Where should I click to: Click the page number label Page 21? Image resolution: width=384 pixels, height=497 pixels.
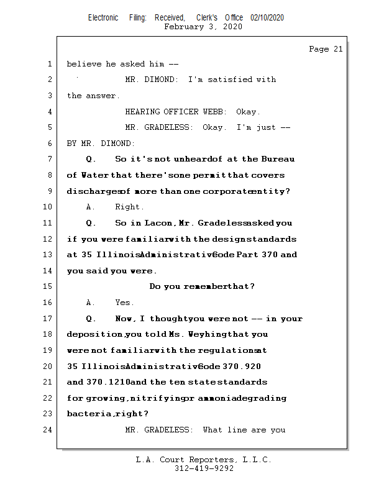[x=325, y=49]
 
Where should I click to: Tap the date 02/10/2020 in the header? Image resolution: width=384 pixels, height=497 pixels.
[x=267, y=18]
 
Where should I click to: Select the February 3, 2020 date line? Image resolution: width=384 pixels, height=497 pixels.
[x=203, y=27]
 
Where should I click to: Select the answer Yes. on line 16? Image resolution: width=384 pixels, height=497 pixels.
[x=124, y=303]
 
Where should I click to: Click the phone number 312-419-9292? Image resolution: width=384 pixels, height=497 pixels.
[x=204, y=468]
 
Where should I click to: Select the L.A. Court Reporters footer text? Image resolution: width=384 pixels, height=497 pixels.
[x=203, y=460]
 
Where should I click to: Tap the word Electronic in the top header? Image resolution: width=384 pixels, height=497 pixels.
[x=103, y=18]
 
